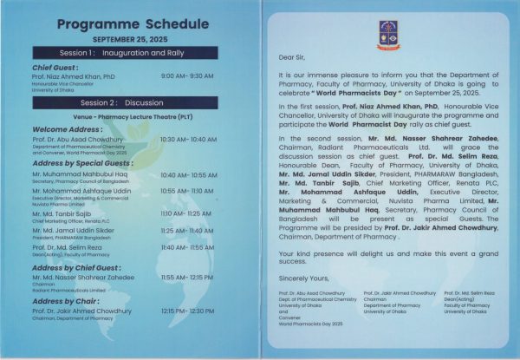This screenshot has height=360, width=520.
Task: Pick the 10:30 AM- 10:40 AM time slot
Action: [189, 139]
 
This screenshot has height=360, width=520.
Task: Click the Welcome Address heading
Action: [68, 129]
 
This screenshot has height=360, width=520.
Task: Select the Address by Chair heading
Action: [65, 300]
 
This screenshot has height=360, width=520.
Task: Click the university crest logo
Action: [387, 34]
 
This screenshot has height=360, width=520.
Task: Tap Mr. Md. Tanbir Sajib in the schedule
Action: [65, 213]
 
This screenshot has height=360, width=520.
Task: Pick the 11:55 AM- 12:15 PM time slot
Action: [187, 278]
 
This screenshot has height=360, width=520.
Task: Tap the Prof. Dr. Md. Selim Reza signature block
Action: [466, 300]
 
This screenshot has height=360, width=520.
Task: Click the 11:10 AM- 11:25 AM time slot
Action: [186, 213]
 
